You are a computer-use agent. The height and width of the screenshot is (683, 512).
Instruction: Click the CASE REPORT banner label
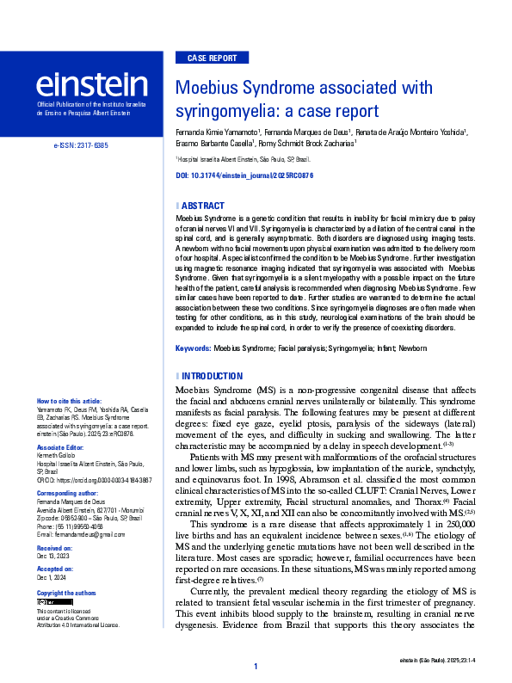click(x=211, y=58)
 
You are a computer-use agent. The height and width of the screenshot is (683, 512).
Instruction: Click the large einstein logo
click(x=91, y=84)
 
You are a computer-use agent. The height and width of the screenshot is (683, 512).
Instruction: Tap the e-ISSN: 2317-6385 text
click(x=81, y=146)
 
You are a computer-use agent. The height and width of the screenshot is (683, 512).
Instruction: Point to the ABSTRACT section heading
click(x=201, y=206)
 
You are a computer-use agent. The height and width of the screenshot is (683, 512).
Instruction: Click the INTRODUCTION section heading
click(x=211, y=376)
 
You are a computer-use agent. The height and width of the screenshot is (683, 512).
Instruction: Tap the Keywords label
click(x=193, y=348)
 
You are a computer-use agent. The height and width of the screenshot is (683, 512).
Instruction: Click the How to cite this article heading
click(x=69, y=402)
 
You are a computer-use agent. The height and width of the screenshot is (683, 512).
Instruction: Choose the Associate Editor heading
click(x=60, y=448)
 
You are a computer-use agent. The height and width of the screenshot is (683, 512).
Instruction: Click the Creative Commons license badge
click(x=46, y=602)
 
